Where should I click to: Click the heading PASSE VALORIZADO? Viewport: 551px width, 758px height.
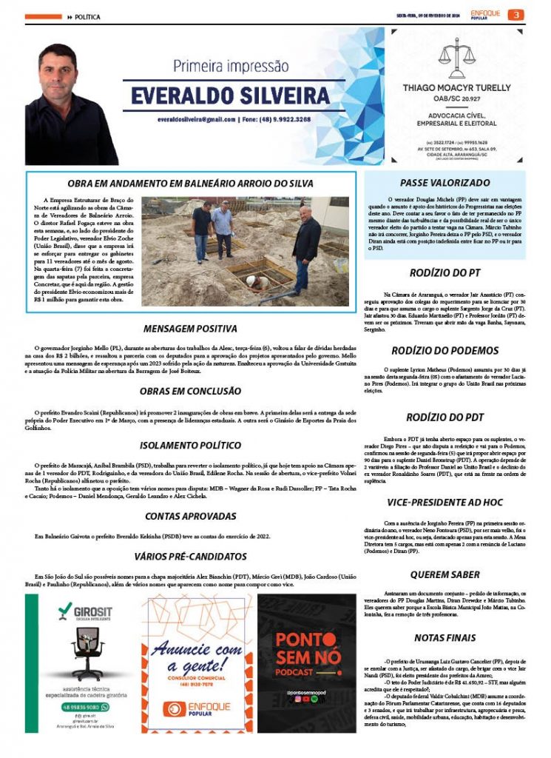click(444, 182)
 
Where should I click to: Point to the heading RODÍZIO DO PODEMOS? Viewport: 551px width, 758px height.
click(444, 351)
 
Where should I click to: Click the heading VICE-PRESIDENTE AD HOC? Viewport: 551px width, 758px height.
click(444, 502)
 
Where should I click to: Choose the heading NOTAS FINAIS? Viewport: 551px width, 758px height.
click(444, 637)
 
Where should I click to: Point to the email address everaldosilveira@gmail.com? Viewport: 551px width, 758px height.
click(196, 119)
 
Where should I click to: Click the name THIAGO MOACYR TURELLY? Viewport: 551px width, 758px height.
click(456, 87)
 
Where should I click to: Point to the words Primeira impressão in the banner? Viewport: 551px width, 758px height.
click(230, 66)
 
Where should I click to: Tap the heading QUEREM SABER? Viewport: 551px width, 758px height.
click(444, 574)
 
